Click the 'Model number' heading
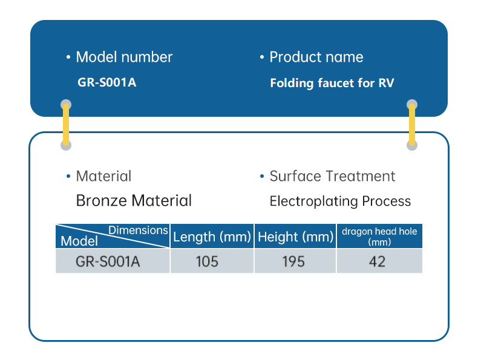pos(124,57)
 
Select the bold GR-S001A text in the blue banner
pos(106,82)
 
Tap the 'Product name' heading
pos(316,57)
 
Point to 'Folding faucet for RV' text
pos(332,83)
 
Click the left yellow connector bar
pos(66,125)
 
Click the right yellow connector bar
pos(412,125)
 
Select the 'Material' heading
pos(103,176)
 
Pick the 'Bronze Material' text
pos(134,201)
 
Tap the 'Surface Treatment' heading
pos(332,176)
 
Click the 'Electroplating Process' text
pos(340,201)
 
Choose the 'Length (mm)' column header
pos(212,237)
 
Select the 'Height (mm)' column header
pos(295,237)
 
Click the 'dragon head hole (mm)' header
pos(379,237)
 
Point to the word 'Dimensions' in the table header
pos(138,230)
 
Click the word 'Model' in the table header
pos(79,241)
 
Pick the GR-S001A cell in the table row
pos(108,261)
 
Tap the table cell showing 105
pos(207,261)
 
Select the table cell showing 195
pos(293,261)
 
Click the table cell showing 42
pos(377,261)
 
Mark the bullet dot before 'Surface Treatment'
pos(262,176)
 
